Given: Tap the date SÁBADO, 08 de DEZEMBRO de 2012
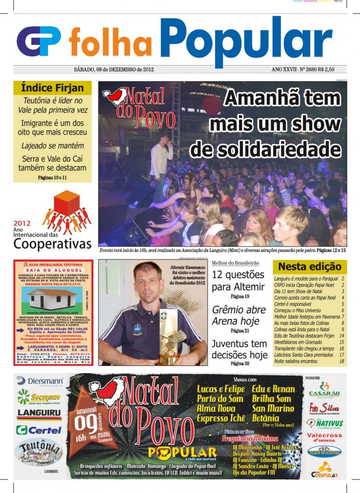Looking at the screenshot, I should pyautogui.click(x=113, y=69).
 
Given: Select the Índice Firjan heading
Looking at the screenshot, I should pyautogui.click(x=52, y=88).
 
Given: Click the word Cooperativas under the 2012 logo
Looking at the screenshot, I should pyautogui.click(x=53, y=244).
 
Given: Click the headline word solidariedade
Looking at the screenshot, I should pyautogui.click(x=266, y=149).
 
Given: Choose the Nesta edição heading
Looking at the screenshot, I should pyautogui.click(x=310, y=267).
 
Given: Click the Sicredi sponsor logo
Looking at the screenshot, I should pyautogui.click(x=38, y=397).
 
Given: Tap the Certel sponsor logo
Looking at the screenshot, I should pyautogui.click(x=38, y=430).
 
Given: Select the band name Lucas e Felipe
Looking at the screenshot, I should pyautogui.click(x=221, y=389).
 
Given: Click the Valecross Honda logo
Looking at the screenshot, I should pyautogui.click(x=324, y=438).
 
